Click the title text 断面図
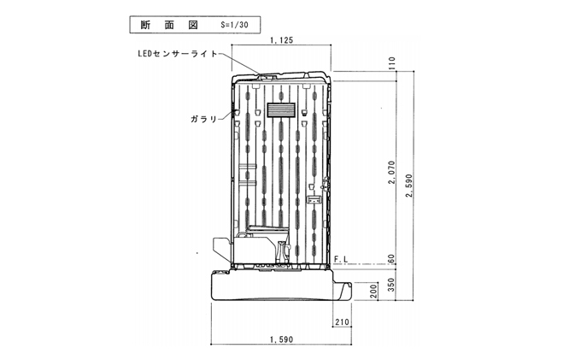(x=169, y=25)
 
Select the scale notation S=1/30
(x=234, y=25)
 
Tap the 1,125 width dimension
(x=282, y=40)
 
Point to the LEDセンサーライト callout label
(x=178, y=54)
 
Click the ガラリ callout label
(x=204, y=119)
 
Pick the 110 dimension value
(x=391, y=63)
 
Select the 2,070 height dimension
(x=391, y=173)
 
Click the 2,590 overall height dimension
(x=409, y=186)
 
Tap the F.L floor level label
(x=341, y=259)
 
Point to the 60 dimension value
(x=391, y=259)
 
